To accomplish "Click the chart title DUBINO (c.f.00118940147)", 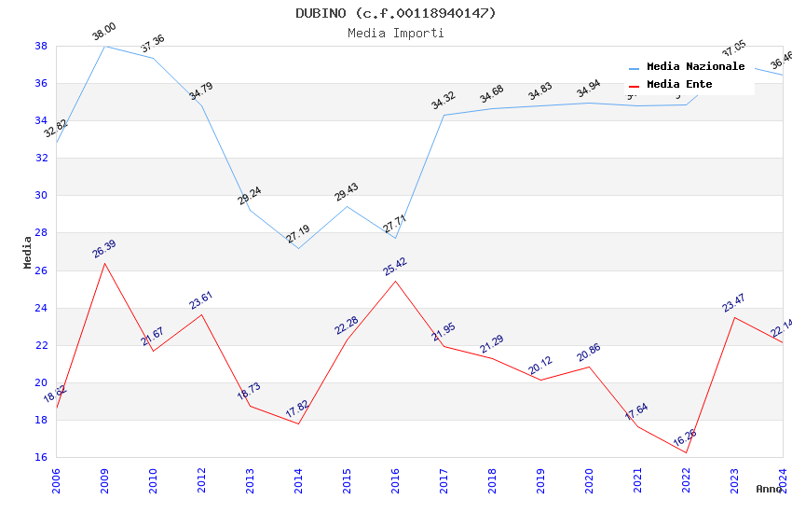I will [x=396, y=13].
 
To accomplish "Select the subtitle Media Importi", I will [x=396, y=33].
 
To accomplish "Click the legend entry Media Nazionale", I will [x=695, y=67].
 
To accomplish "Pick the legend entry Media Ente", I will [x=679, y=85].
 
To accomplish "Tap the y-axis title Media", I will [x=28, y=252].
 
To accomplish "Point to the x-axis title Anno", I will [x=769, y=489].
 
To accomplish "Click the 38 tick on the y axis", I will [x=41, y=46].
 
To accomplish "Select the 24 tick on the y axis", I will [x=41, y=308].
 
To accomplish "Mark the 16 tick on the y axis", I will [x=41, y=457].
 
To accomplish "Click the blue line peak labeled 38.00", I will [x=104, y=46].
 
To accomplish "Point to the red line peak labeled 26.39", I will [x=104, y=263].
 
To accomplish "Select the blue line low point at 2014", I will [x=298, y=248].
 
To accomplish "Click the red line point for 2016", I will [x=395, y=281].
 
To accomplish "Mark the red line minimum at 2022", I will [x=686, y=452].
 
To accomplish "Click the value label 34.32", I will [x=444, y=100].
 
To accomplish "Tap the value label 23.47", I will [x=734, y=302].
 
